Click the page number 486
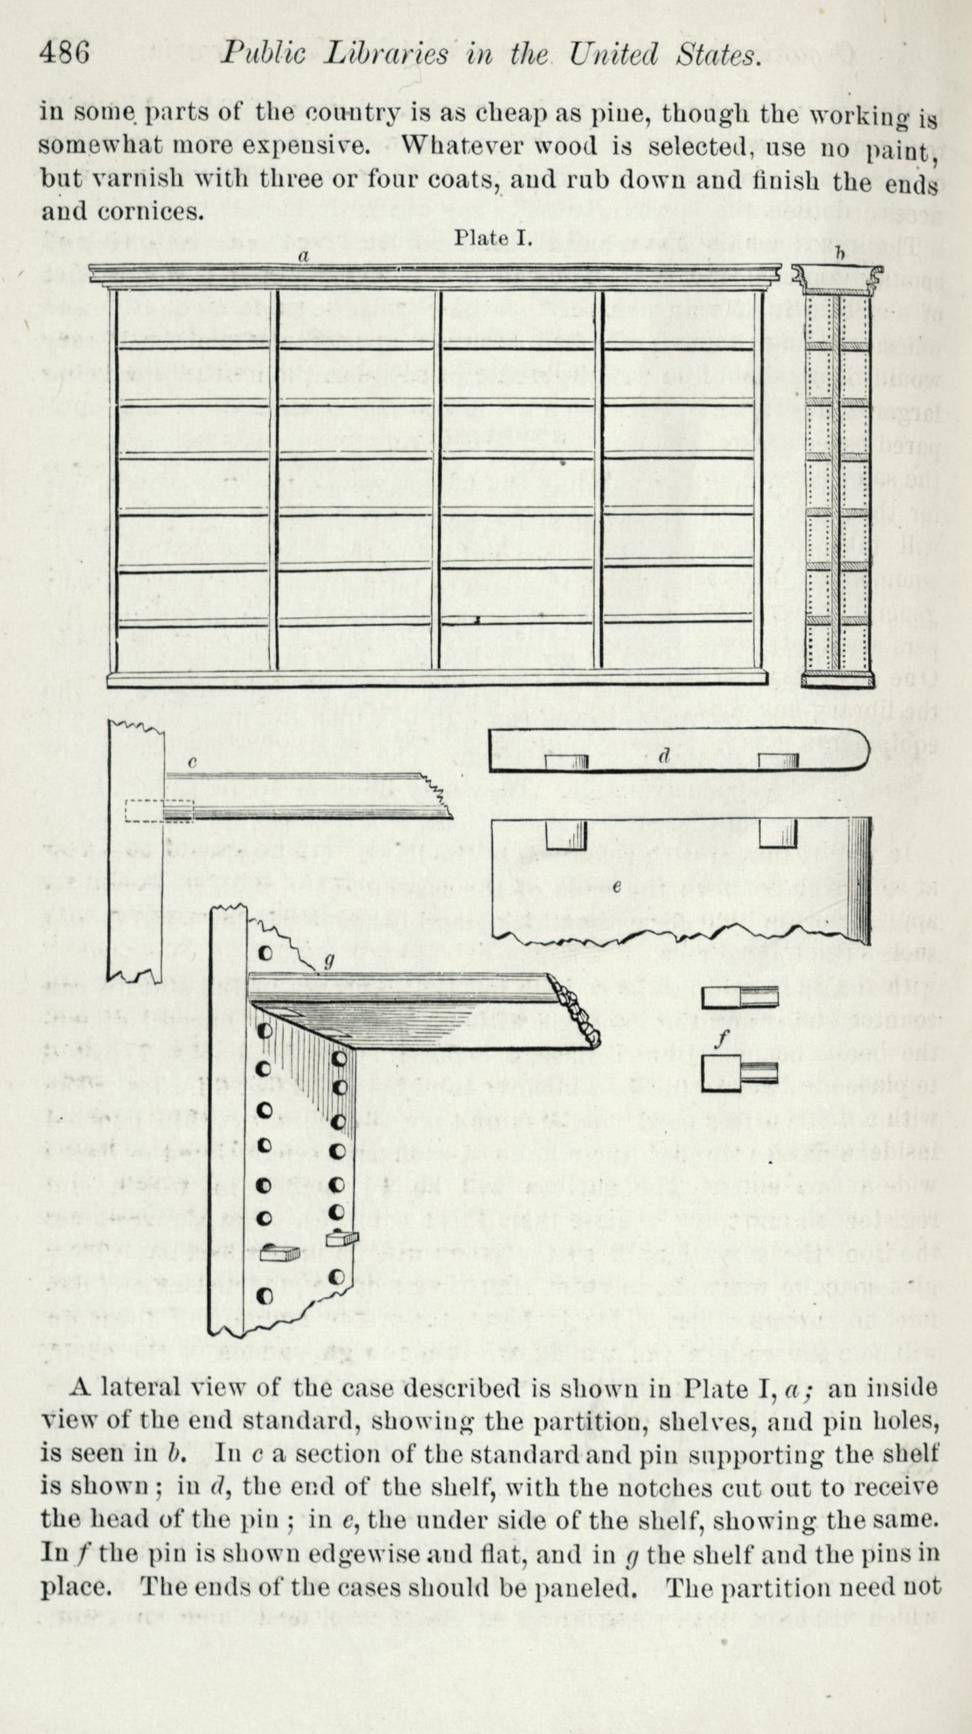pos(65,53)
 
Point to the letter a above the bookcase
pos(304,257)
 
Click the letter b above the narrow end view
pos(840,255)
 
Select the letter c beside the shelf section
pos(193,763)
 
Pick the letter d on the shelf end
pos(665,755)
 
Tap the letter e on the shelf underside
pos(617,887)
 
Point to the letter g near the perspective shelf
pos(329,961)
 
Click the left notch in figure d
pos(567,762)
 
